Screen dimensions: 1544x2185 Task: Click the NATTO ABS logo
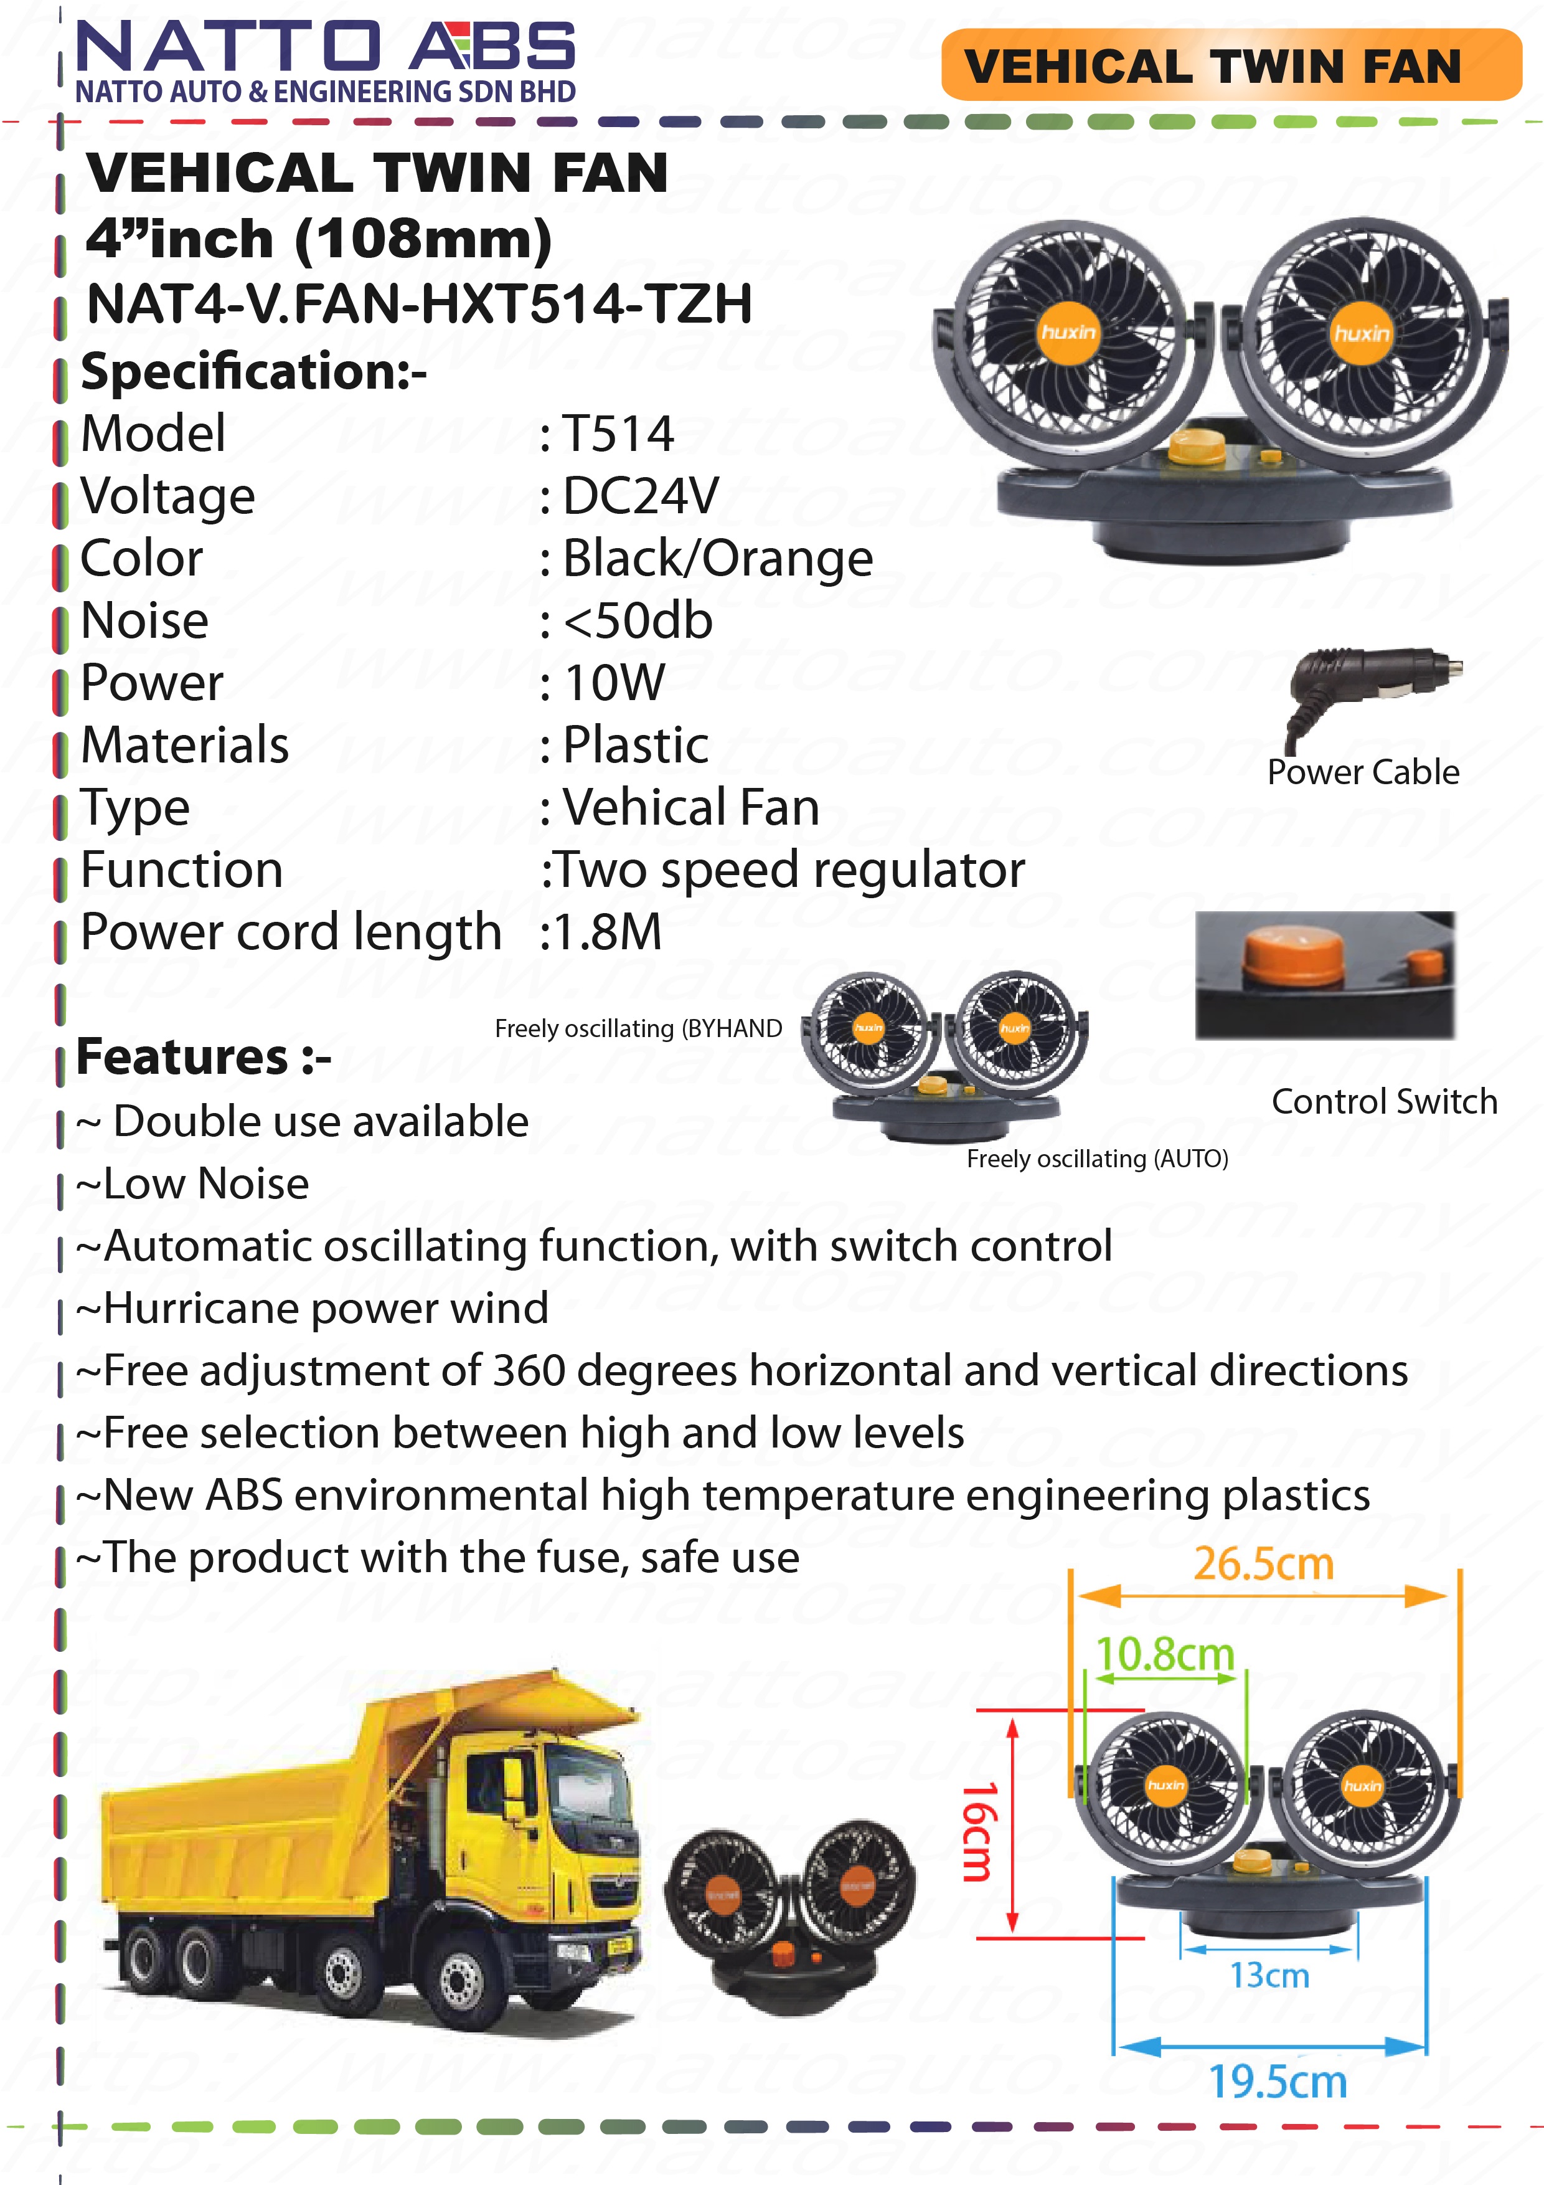click(326, 61)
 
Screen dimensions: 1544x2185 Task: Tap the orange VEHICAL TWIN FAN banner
click(1231, 65)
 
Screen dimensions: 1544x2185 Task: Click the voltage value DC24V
click(640, 496)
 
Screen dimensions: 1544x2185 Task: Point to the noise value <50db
click(638, 620)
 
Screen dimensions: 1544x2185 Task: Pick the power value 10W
click(614, 682)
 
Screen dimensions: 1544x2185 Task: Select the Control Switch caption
click(1384, 1101)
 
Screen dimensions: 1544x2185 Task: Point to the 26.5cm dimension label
click(1263, 1563)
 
